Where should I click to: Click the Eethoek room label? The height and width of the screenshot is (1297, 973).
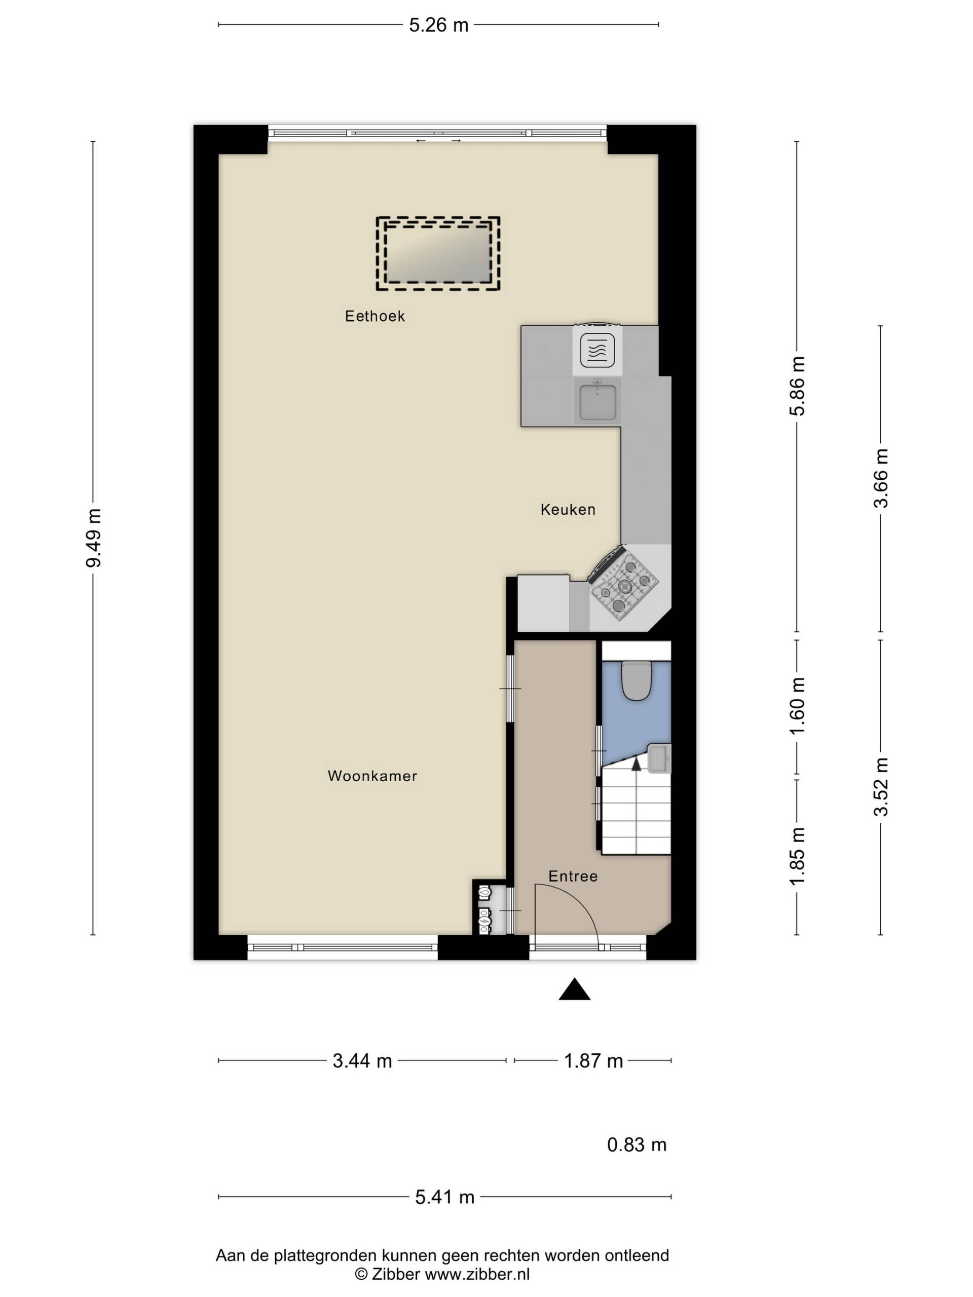375,317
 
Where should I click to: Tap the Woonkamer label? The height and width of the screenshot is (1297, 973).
372,776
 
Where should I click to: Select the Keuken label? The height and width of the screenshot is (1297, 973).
568,510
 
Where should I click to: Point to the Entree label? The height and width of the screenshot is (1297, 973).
573,876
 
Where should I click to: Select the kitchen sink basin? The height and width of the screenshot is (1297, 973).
597,402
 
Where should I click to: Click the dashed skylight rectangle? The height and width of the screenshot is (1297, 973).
438,254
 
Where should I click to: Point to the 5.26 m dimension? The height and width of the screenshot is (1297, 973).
439,25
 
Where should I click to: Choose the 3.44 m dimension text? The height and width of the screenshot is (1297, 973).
362,1061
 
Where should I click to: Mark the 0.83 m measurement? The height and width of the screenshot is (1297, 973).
637,1145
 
